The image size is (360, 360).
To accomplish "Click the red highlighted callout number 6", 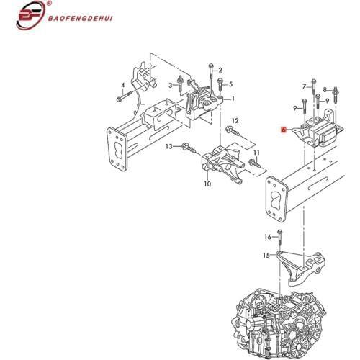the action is (x=284, y=130).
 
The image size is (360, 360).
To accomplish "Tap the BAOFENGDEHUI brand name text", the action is (x=80, y=19).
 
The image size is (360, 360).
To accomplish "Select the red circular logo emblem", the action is (x=31, y=15).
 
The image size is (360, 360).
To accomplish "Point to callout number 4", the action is (x=123, y=85).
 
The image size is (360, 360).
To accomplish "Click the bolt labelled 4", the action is (x=125, y=96).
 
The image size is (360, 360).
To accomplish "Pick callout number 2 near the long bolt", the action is (x=220, y=70).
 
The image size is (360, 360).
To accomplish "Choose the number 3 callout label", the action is (x=171, y=85).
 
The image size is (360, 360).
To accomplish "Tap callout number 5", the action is (x=230, y=84).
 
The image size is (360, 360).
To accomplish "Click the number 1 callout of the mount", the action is (x=233, y=98).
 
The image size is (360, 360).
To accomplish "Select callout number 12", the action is (x=235, y=120).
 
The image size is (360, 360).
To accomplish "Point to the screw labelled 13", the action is (x=189, y=148).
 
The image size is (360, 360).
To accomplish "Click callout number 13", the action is (x=169, y=146).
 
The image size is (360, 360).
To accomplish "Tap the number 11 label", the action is (x=256, y=153).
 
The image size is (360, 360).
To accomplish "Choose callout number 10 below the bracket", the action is (x=207, y=184).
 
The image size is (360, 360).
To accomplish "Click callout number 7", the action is (x=305, y=86).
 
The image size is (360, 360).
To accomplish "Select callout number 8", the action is (x=325, y=90).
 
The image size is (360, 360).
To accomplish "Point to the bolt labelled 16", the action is (x=279, y=238).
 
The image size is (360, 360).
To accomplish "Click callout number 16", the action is (x=268, y=237).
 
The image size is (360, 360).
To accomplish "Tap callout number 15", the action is (x=266, y=256).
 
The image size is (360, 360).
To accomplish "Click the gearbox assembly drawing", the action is (x=281, y=325).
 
